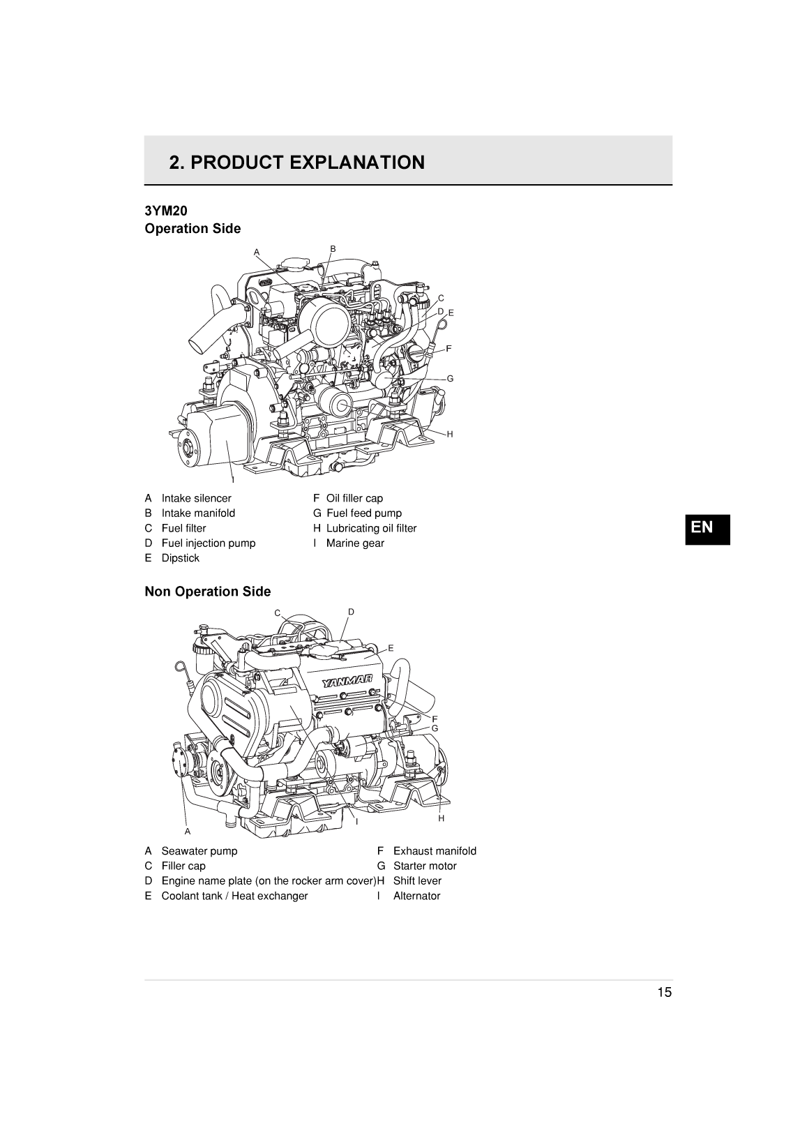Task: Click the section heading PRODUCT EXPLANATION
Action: point(296,163)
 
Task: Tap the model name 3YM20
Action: point(166,211)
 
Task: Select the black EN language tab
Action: point(707,528)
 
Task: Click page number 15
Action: point(663,993)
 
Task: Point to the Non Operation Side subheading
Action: point(207,592)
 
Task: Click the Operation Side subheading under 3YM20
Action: point(193,229)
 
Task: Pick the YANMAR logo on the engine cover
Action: point(347,682)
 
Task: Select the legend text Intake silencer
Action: point(196,498)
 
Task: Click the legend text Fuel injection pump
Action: point(208,543)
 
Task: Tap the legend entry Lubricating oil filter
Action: point(371,528)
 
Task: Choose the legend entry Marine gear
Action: point(355,543)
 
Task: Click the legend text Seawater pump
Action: point(199,851)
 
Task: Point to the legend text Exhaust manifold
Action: point(435,851)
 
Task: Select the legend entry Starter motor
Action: point(425,866)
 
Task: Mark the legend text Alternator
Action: point(416,896)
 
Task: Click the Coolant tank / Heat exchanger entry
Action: point(234,896)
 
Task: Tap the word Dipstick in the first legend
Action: point(180,558)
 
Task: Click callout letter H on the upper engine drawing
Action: point(450,434)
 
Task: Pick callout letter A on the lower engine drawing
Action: point(187,832)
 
